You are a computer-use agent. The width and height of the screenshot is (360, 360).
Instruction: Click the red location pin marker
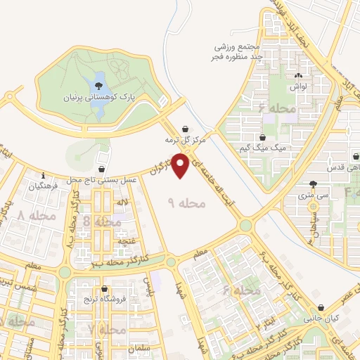pyautogui.click(x=181, y=166)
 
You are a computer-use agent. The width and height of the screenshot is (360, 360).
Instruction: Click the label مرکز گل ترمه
pyautogui.click(x=184, y=140)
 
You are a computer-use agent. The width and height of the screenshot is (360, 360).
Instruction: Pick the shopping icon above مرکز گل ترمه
pyautogui.click(x=184, y=129)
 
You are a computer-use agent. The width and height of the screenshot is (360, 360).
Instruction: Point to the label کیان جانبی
pyautogui.click(x=320, y=317)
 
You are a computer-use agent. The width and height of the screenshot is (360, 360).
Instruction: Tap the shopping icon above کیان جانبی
pyautogui.click(x=321, y=307)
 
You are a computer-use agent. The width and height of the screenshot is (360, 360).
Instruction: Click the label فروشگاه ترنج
pyautogui.click(x=105, y=300)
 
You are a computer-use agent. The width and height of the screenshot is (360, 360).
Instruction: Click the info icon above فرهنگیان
pyautogui.click(x=43, y=176)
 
